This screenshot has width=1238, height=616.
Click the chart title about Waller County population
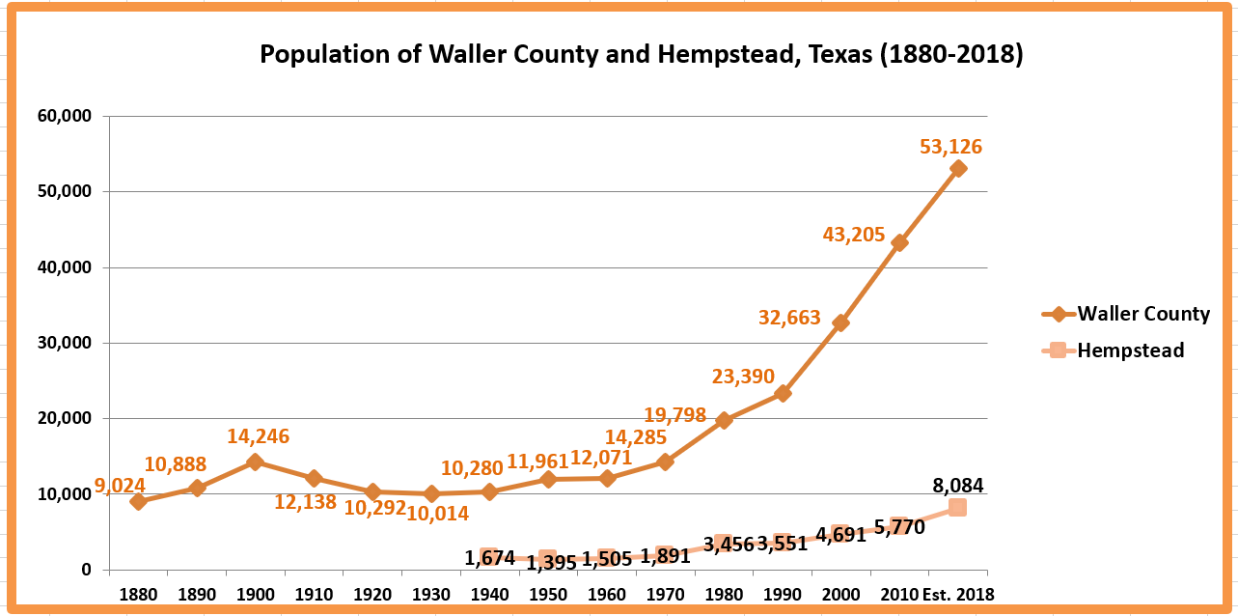pyautogui.click(x=641, y=55)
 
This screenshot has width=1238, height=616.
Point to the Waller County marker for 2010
pyautogui.click(x=899, y=243)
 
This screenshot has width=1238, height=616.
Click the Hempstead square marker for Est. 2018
pyautogui.click(x=957, y=507)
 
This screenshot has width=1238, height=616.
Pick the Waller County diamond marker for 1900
pyautogui.click(x=255, y=462)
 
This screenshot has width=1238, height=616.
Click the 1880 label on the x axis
pyautogui.click(x=138, y=594)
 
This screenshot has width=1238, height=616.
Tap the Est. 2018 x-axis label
pyautogui.click(x=957, y=594)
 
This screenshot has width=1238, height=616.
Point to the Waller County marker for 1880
pyautogui.click(x=138, y=501)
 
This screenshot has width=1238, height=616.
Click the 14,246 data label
pyautogui.click(x=258, y=436)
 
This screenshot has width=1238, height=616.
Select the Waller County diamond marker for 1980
pyautogui.click(x=724, y=420)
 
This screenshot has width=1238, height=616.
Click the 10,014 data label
pyautogui.click(x=436, y=514)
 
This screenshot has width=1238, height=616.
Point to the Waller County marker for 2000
pyautogui.click(x=840, y=322)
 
